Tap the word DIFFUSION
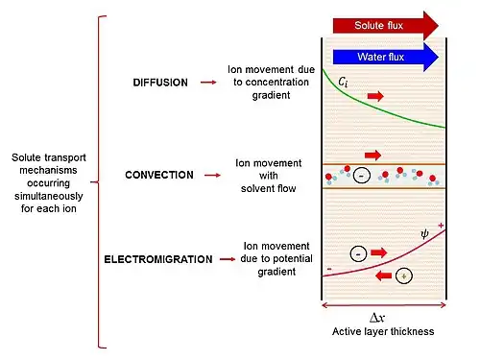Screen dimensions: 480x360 click(160, 83)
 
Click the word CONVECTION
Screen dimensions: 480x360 click(159, 175)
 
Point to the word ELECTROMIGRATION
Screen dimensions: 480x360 click(158, 259)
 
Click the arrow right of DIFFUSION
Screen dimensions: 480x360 click(208, 83)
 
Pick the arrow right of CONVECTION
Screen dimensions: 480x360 click(212, 175)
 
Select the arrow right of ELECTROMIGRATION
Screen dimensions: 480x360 click(228, 259)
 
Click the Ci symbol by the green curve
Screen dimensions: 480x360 click(343, 83)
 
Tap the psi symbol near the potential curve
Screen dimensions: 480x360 click(424, 234)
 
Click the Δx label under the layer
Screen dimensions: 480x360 click(377, 318)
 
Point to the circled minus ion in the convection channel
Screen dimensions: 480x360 click(362, 176)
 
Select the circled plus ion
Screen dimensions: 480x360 click(404, 276)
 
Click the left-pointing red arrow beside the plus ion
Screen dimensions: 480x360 click(383, 276)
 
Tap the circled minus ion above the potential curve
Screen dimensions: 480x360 click(358, 253)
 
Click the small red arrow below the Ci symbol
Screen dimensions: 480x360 click(375, 96)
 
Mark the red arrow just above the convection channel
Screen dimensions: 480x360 click(372, 156)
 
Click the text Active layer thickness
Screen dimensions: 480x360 click(383, 331)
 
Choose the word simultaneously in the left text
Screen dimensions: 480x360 click(49, 196)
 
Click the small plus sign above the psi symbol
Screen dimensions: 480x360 click(441, 226)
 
